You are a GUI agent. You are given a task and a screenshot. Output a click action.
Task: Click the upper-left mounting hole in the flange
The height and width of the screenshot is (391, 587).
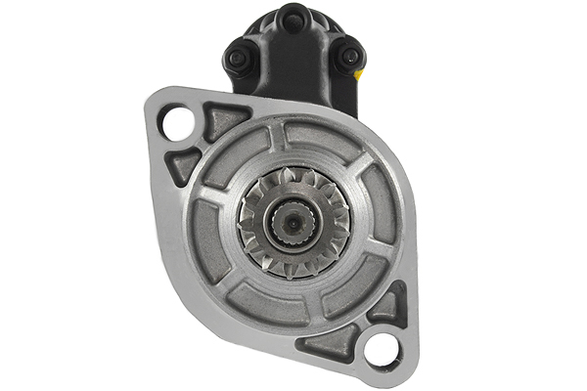(178, 124)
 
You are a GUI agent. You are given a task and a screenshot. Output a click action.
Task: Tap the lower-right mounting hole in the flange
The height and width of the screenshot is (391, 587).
(382, 350)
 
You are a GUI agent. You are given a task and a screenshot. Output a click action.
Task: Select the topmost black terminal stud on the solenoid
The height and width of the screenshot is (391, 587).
(292, 18)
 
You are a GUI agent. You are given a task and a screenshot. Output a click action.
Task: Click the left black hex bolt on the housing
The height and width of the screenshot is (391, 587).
(237, 59)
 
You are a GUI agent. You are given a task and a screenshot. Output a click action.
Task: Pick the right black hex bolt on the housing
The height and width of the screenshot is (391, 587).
(347, 58)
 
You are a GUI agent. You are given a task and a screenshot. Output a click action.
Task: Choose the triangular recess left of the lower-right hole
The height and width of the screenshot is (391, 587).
(332, 342)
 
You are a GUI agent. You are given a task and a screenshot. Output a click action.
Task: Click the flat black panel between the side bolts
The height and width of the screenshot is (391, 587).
(292, 68)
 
